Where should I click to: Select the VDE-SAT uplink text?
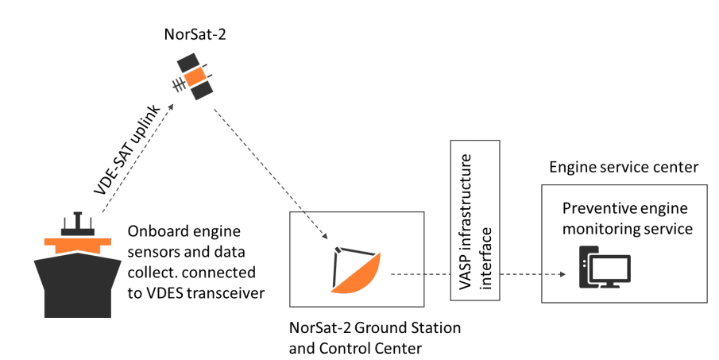127,150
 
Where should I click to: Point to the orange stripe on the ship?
78,241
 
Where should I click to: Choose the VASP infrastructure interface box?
474,220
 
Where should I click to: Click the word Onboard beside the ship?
157,233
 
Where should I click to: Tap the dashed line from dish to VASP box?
419,275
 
